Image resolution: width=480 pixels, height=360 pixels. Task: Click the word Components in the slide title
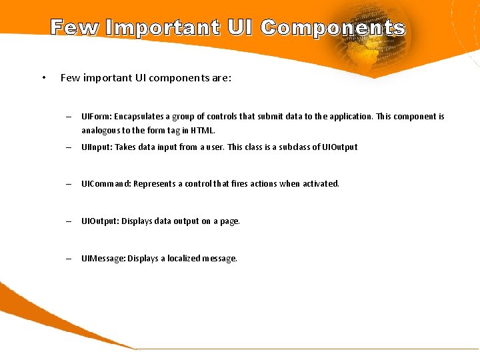click(333, 28)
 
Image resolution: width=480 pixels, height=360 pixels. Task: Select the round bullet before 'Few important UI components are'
click(43, 77)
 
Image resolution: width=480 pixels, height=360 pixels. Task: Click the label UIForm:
click(96, 117)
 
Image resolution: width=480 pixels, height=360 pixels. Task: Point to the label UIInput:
click(97, 147)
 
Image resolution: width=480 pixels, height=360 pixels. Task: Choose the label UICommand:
click(106, 184)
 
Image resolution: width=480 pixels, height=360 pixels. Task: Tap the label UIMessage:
click(103, 259)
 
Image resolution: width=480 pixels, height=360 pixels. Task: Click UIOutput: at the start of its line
click(99, 221)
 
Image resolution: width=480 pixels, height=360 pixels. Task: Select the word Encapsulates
click(139, 117)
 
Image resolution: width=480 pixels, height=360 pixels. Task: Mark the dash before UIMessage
click(69, 259)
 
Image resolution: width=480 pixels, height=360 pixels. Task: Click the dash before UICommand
click(69, 184)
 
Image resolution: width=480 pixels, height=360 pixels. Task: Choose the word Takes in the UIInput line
click(125, 147)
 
